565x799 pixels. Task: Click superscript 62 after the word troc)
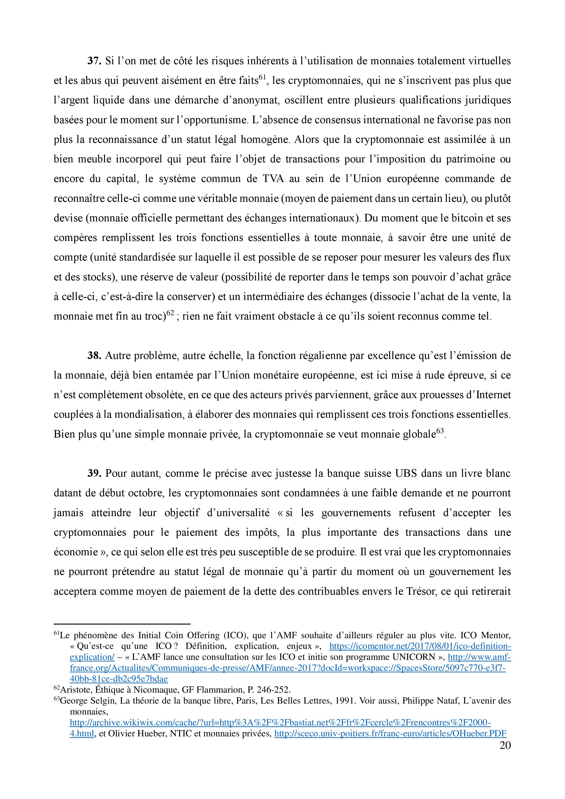tap(170, 313)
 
